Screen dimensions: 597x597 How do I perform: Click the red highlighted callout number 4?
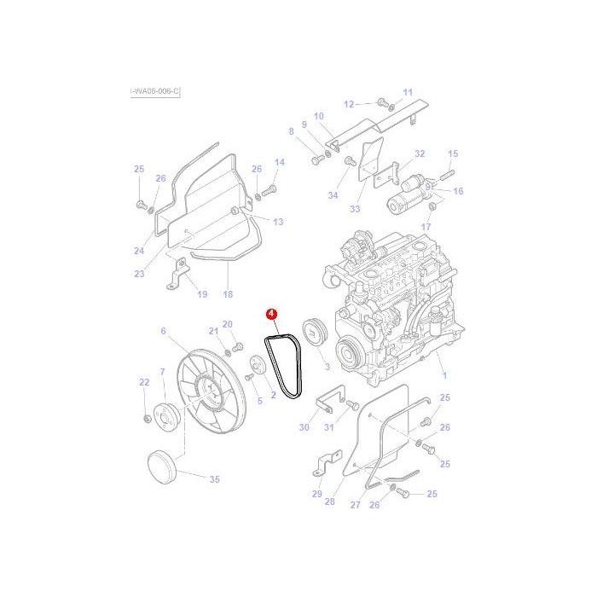pos(271,315)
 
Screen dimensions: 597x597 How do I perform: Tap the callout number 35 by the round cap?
pos(214,479)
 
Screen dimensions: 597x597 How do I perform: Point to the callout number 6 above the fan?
pos(163,330)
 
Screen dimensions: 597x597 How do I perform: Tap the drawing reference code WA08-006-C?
pos(156,91)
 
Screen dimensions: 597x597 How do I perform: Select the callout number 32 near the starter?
pos(419,154)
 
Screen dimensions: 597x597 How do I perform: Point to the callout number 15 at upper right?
pos(453,154)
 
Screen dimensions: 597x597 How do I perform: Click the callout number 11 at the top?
pos(407,92)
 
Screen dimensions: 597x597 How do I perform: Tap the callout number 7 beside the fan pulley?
pos(162,372)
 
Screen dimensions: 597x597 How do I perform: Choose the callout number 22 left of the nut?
pos(144,383)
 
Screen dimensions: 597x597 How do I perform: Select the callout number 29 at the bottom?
pos(317,495)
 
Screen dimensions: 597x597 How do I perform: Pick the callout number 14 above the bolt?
pos(279,162)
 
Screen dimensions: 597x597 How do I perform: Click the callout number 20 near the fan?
pos(228,324)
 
